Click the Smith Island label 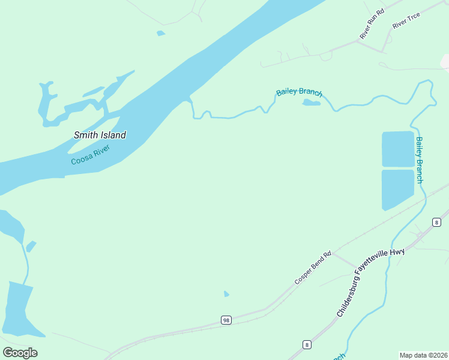(100, 135)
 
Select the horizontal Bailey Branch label (299, 93)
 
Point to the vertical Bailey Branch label (419, 160)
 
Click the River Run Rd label (371, 28)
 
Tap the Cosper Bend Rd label (313, 268)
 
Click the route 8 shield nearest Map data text (307, 344)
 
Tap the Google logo (20, 353)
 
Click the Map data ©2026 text (423, 355)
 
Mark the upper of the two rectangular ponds (397, 149)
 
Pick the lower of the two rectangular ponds (397, 188)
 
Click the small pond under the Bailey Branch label (311, 103)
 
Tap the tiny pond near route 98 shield (226, 294)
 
